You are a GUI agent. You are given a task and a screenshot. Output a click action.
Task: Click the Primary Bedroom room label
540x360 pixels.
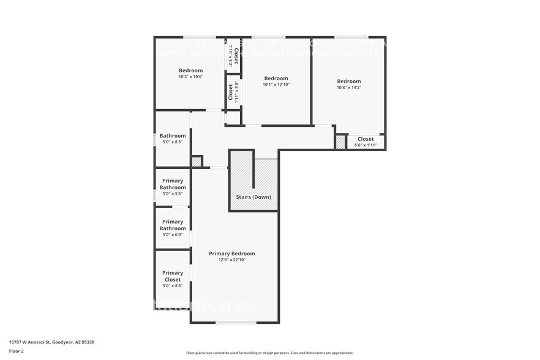click(231, 253)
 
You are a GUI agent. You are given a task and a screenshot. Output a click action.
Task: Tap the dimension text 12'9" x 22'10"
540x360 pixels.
click(231, 260)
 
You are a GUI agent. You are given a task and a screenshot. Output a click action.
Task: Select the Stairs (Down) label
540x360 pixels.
click(253, 198)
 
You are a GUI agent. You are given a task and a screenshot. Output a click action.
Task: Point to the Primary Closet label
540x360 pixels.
click(173, 276)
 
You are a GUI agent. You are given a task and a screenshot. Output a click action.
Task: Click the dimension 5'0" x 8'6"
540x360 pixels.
click(173, 286)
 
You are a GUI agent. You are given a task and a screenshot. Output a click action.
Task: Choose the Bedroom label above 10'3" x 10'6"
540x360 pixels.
click(190, 70)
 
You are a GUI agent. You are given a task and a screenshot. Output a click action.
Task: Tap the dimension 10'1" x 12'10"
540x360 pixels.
click(276, 84)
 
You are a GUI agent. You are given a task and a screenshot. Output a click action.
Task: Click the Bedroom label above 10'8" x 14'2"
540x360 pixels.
click(348, 81)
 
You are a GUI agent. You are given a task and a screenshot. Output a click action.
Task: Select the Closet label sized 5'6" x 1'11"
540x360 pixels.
click(366, 139)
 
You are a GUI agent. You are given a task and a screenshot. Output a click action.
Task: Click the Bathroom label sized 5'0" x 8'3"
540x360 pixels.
click(173, 136)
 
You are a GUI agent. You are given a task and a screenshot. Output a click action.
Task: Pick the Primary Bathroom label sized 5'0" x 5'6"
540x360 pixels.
click(173, 184)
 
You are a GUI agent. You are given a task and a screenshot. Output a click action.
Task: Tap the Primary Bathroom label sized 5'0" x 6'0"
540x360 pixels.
click(173, 225)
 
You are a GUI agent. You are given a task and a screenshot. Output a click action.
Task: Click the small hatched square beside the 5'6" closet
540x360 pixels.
click(340, 142)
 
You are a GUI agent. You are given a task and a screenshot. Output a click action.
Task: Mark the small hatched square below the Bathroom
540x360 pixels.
click(196, 162)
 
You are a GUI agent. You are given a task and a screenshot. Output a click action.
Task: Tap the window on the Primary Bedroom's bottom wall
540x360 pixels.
click(236, 323)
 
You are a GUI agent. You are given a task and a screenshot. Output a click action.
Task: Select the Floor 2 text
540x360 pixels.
click(17, 351)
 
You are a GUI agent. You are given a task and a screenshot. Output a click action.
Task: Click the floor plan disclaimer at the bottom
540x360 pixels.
click(269, 353)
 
